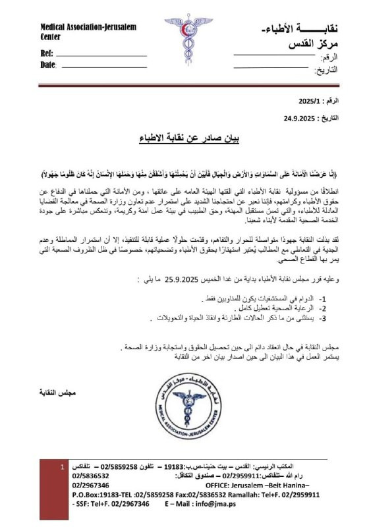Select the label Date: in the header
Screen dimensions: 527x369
(48, 65)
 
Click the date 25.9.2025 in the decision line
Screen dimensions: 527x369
(176, 279)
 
